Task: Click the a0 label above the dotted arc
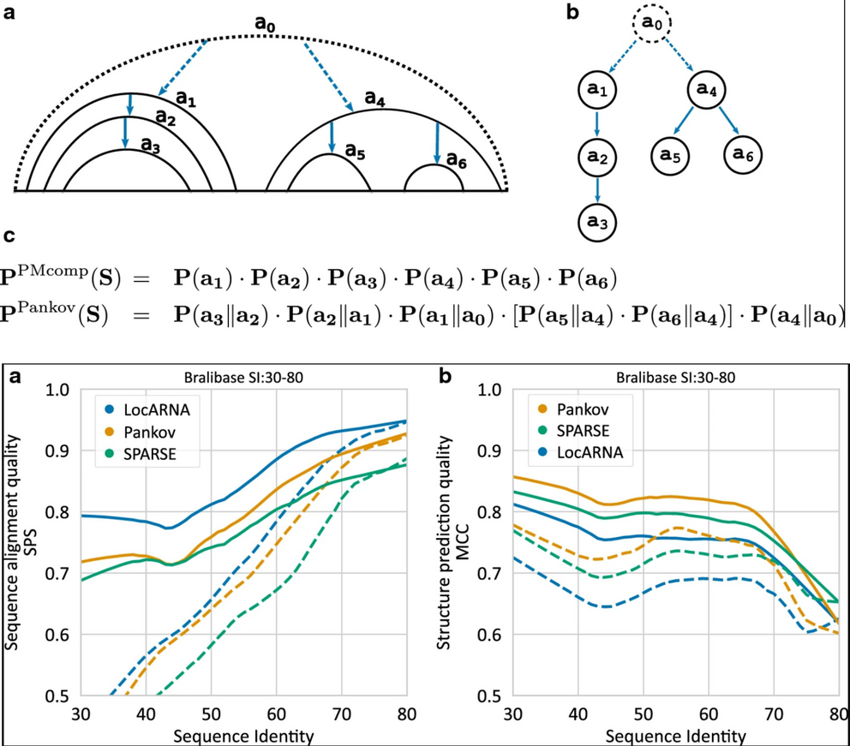(267, 21)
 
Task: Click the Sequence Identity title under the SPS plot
(245, 735)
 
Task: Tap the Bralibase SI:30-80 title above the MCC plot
(675, 375)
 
